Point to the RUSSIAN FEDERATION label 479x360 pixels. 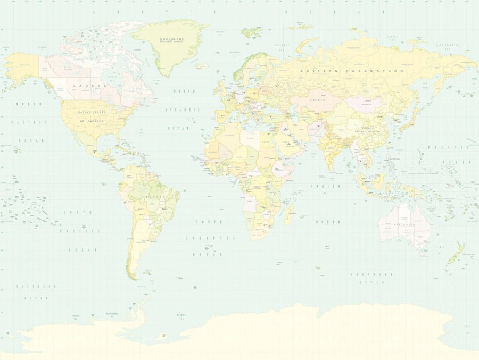pyautogui.click(x=351, y=71)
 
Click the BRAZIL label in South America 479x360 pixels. pyautogui.click(x=153, y=197)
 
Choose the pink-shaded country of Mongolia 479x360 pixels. pyautogui.click(x=367, y=103)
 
